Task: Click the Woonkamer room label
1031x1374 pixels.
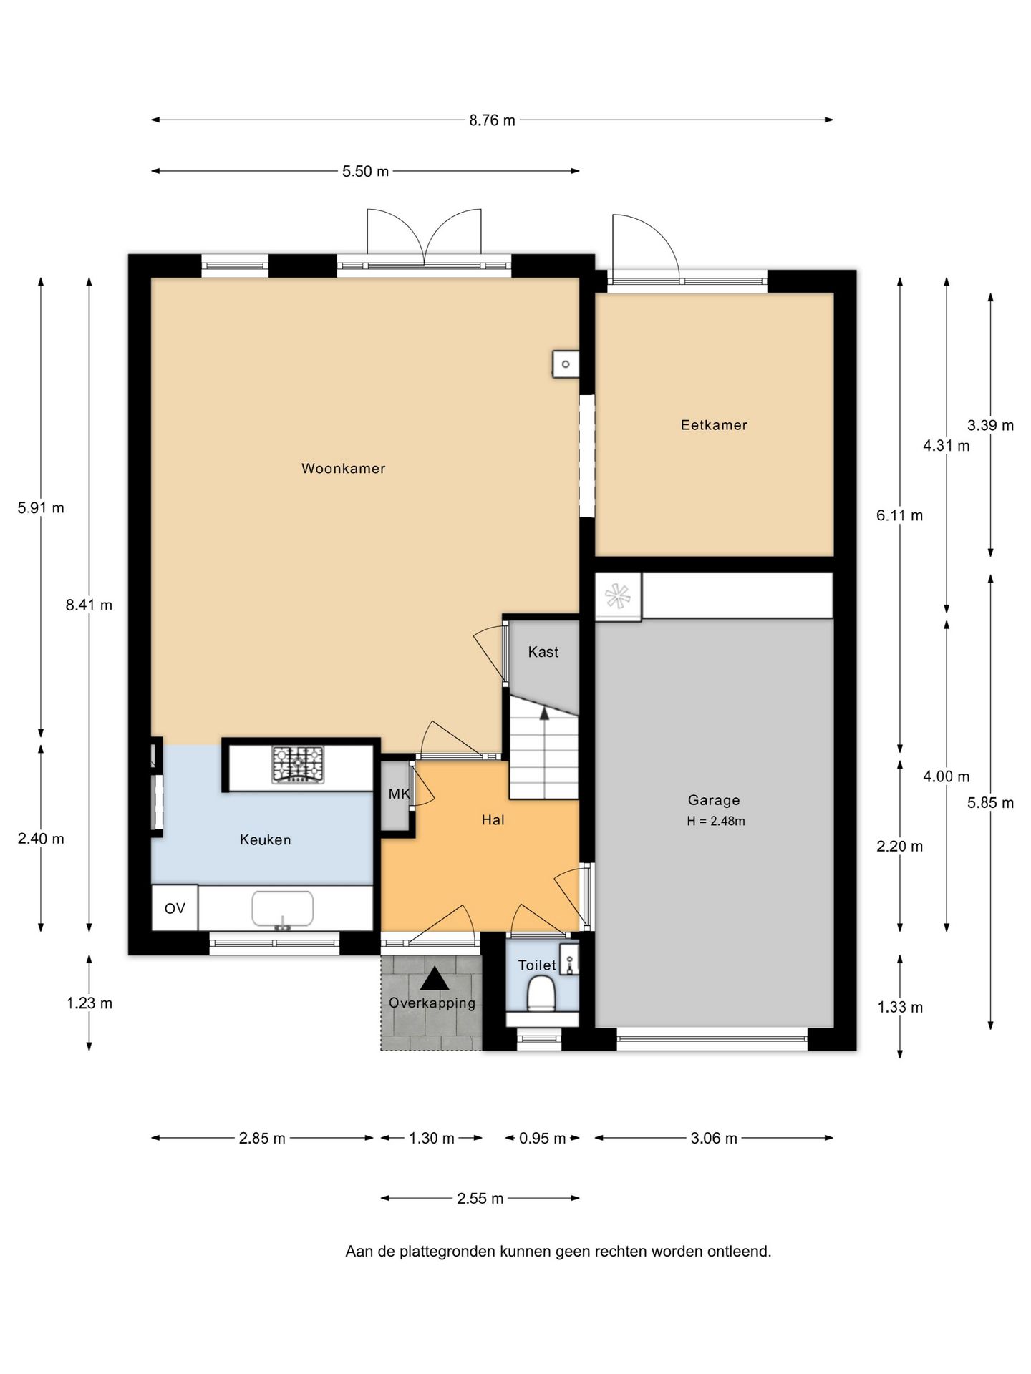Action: (x=343, y=469)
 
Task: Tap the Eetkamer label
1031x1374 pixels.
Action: (x=714, y=425)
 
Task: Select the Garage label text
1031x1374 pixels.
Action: (x=714, y=800)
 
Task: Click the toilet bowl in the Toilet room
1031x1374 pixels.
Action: (x=542, y=995)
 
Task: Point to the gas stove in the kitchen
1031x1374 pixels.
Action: (x=298, y=764)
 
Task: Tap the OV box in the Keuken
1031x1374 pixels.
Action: (x=175, y=908)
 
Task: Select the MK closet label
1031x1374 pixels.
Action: (x=399, y=794)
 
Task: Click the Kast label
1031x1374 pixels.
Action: (x=543, y=652)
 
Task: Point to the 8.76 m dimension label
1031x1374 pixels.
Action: (x=492, y=120)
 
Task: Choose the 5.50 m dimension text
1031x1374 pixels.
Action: (x=365, y=172)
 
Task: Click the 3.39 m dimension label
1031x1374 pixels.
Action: (x=990, y=425)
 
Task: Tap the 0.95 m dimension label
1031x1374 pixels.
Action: (x=542, y=1138)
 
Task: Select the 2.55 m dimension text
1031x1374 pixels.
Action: (x=480, y=1198)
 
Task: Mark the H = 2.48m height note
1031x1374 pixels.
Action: (x=716, y=821)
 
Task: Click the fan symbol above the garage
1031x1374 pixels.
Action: (x=617, y=596)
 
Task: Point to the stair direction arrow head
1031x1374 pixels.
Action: (x=544, y=713)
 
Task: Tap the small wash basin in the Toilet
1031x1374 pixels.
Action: (x=569, y=960)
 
